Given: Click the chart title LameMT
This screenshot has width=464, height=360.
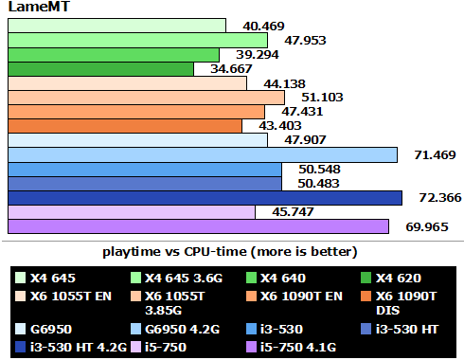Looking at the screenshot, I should [33, 8].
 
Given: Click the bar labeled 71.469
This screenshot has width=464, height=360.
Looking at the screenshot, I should [203, 154].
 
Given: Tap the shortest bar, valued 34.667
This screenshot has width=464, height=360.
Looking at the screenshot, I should [101, 69].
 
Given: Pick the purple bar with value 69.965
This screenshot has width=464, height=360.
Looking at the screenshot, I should [199, 226].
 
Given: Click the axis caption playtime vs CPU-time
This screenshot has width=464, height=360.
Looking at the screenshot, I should [229, 252].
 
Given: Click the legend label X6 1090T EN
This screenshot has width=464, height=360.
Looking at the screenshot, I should [299, 297].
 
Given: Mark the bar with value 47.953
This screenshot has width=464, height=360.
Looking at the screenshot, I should [138, 41].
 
